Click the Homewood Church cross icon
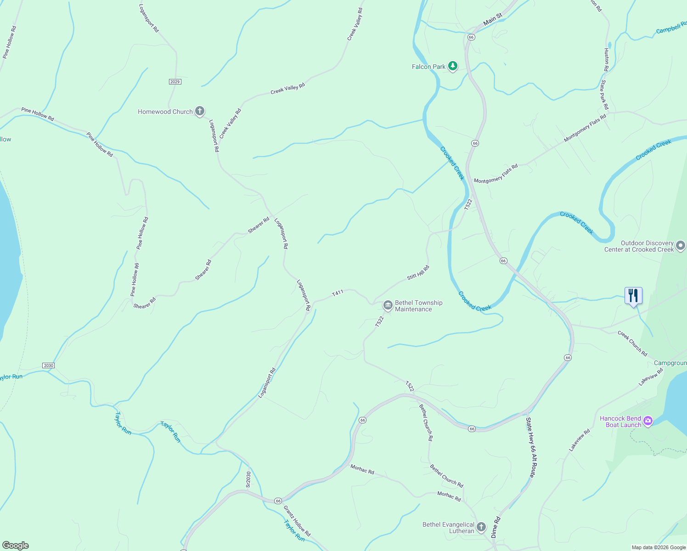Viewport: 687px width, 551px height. point(199,111)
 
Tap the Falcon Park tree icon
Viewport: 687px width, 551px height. point(453,67)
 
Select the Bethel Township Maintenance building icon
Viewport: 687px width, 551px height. point(388,305)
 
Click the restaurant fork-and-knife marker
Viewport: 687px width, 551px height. point(633,295)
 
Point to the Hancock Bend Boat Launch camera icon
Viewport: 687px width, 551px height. point(648,421)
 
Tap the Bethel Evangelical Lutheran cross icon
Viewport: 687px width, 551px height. point(481,527)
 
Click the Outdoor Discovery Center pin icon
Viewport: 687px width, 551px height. point(681,246)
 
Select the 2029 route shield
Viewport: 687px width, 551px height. point(175,82)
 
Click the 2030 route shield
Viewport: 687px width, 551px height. point(48,365)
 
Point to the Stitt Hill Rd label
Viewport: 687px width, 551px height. point(418,273)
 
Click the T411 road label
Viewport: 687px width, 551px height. point(338,292)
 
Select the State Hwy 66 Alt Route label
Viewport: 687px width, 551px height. point(531,447)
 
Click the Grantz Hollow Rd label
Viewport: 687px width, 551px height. point(297,521)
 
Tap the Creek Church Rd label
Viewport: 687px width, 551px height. point(632,343)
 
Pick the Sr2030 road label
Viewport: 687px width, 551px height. point(248,479)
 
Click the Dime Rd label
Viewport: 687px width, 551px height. point(495,528)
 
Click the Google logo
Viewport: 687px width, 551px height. point(15,545)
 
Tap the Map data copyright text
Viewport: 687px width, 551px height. point(659,547)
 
